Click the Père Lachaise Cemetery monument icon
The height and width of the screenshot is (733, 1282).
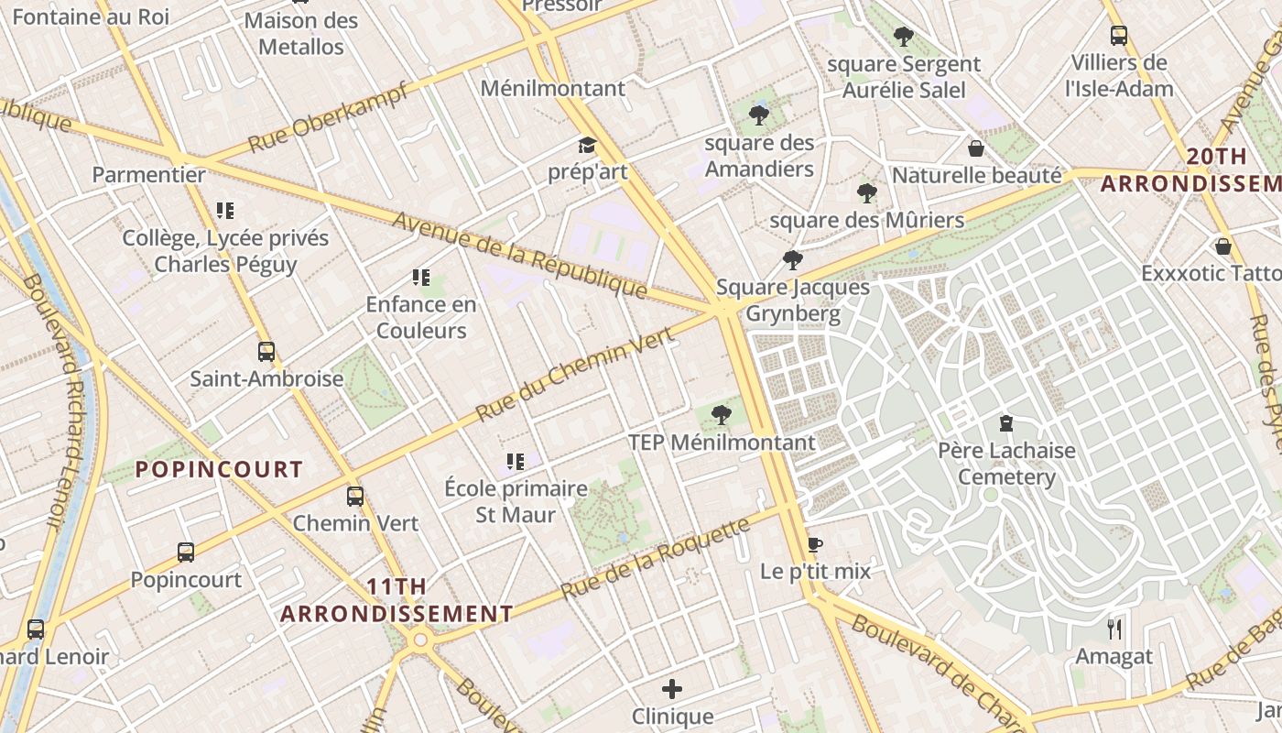1006,423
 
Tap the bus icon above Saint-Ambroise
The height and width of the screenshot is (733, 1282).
266,351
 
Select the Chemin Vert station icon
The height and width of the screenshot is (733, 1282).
355,497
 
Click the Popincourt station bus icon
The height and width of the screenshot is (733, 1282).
186,552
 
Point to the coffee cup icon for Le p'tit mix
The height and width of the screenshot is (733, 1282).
814,544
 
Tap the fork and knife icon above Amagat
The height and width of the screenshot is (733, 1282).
1114,629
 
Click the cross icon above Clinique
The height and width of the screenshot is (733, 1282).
672,688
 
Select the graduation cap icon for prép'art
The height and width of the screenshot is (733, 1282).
587,146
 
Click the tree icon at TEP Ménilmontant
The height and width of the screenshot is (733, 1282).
722,415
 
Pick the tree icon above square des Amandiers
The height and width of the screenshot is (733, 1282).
759,115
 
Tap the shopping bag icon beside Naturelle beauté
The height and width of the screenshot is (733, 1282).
976,148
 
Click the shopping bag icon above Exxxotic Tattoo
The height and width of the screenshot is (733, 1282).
1223,246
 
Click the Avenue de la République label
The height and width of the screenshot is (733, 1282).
520,256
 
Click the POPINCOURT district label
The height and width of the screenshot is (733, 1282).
219,469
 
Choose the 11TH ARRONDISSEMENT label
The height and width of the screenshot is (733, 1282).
397,600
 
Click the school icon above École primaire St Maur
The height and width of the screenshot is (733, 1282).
515,461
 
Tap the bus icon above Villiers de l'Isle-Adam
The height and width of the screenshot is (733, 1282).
1118,36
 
